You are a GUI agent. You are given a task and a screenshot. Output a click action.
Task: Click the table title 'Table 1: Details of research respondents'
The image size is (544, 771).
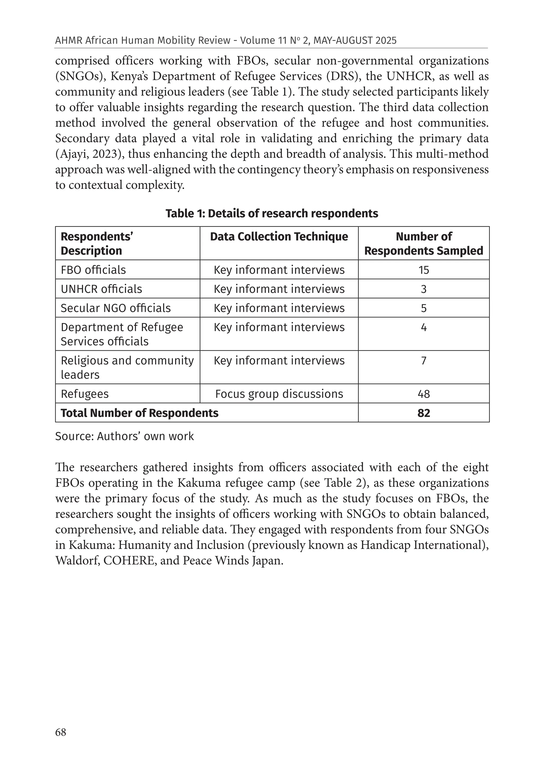[272, 214]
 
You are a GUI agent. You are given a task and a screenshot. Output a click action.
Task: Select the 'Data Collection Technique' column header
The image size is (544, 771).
[279, 237]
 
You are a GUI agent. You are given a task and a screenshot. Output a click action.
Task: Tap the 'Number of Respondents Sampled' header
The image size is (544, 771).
[424, 244]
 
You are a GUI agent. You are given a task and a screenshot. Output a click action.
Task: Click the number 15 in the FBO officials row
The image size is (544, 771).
[424, 270]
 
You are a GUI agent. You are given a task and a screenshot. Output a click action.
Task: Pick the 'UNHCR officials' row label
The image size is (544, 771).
[101, 289]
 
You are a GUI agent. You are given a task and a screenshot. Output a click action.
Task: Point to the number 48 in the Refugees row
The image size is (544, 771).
[424, 394]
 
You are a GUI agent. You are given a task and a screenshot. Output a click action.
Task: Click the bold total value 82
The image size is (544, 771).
[424, 413]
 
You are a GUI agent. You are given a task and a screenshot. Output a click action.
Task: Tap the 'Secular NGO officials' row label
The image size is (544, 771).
[116, 308]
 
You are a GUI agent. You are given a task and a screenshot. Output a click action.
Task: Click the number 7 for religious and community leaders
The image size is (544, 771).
[424, 361]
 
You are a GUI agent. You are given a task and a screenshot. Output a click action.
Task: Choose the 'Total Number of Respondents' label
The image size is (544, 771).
[139, 413]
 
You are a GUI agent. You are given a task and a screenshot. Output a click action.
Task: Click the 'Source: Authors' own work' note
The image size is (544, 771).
[124, 436]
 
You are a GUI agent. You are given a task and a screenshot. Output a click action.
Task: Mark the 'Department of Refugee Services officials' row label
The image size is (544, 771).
[122, 334]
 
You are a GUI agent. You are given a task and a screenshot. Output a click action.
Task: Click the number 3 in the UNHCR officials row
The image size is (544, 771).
[424, 289]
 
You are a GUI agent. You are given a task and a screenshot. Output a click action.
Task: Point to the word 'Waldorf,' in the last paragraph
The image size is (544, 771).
[77, 561]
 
